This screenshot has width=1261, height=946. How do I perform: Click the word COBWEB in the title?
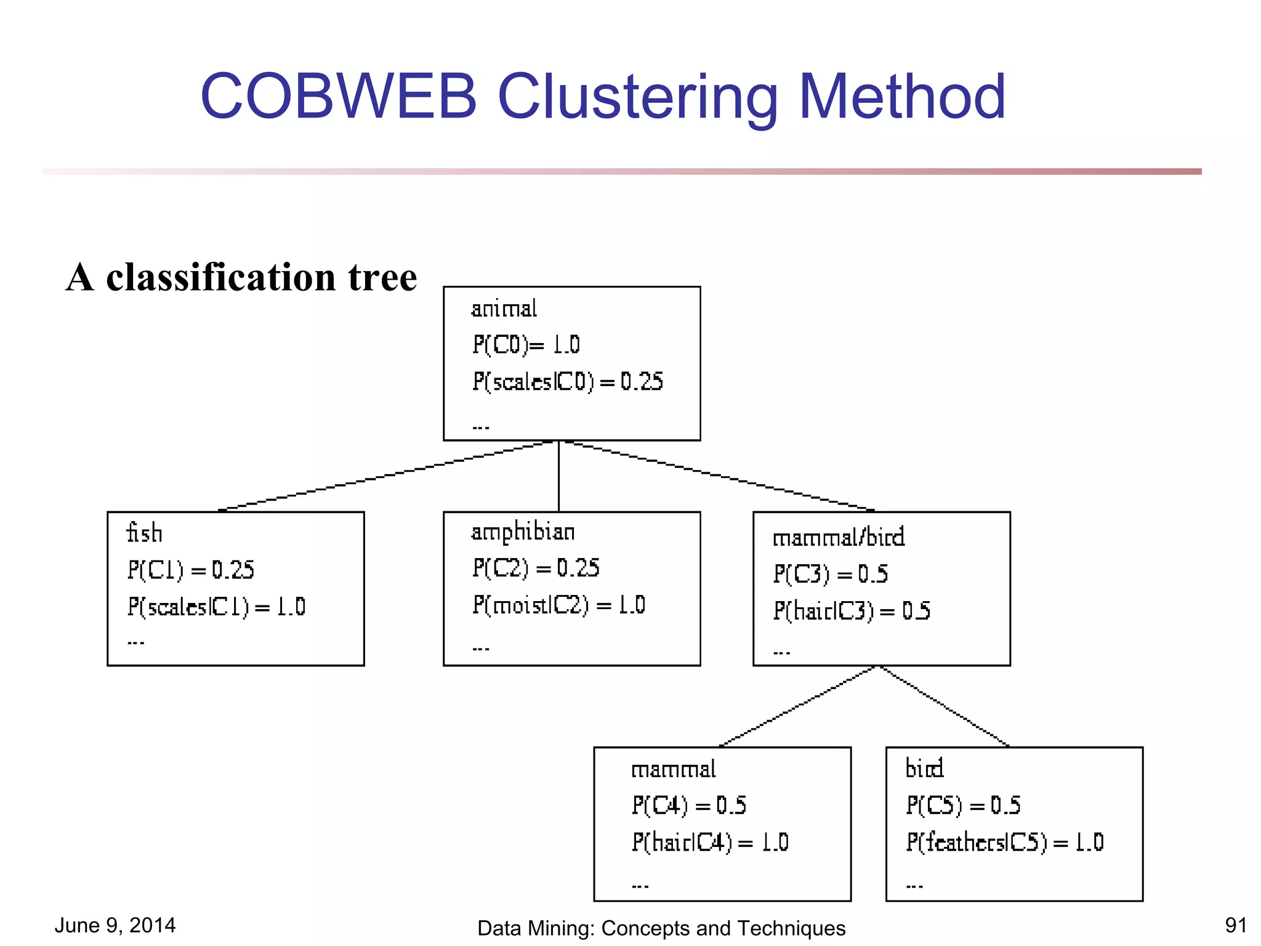pos(339,97)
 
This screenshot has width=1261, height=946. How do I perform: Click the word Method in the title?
pos(902,97)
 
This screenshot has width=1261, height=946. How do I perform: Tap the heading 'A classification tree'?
pos(241,277)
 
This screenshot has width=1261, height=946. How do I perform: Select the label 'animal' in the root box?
pos(504,309)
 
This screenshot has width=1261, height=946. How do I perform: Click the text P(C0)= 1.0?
pos(526,345)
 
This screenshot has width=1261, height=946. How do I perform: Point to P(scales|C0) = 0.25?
pos(567,382)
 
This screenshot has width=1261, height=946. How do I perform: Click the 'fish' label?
pos(145,533)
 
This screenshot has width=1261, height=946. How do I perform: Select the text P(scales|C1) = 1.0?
pos(216,607)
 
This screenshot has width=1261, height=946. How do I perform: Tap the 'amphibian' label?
pos(523,532)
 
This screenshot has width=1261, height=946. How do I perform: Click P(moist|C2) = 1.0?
pos(558,605)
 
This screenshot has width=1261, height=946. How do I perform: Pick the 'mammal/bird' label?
pos(839,538)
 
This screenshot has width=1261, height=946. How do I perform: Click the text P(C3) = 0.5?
pos(831,574)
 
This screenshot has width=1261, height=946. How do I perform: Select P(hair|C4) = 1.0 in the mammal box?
pos(709,843)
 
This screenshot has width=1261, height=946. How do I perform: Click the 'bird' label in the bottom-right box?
pos(924,769)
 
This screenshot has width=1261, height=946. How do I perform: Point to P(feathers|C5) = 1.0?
pos(1004,843)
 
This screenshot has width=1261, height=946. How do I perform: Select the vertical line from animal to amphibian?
pos(558,475)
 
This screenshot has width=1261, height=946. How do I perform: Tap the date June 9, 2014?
pos(115,925)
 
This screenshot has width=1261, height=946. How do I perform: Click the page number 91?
pos(1235,925)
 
